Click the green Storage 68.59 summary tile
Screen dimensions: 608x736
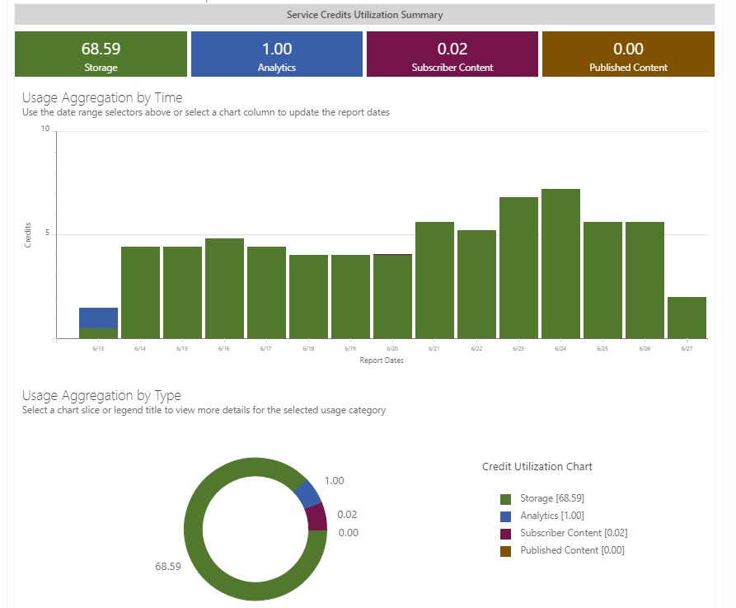point(101,54)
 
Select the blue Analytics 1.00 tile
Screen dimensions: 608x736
point(277,54)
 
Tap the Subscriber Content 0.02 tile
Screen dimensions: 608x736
point(452,54)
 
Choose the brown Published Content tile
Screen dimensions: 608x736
point(628,54)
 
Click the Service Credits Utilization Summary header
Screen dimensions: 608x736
point(364,15)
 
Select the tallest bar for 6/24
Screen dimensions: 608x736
point(560,264)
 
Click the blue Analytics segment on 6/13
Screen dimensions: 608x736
point(98,318)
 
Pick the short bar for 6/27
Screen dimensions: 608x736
point(687,318)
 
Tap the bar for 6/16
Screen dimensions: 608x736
point(224,289)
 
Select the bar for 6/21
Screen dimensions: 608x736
point(434,280)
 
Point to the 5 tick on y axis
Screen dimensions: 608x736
point(47,233)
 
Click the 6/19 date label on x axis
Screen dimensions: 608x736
point(350,349)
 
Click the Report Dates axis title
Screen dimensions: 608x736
point(382,361)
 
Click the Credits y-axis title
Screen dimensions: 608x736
point(29,235)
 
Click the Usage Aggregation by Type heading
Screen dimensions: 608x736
point(101,395)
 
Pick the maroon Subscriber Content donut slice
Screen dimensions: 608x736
point(316,517)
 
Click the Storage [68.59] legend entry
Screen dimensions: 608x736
point(551,498)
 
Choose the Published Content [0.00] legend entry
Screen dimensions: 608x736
point(571,550)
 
